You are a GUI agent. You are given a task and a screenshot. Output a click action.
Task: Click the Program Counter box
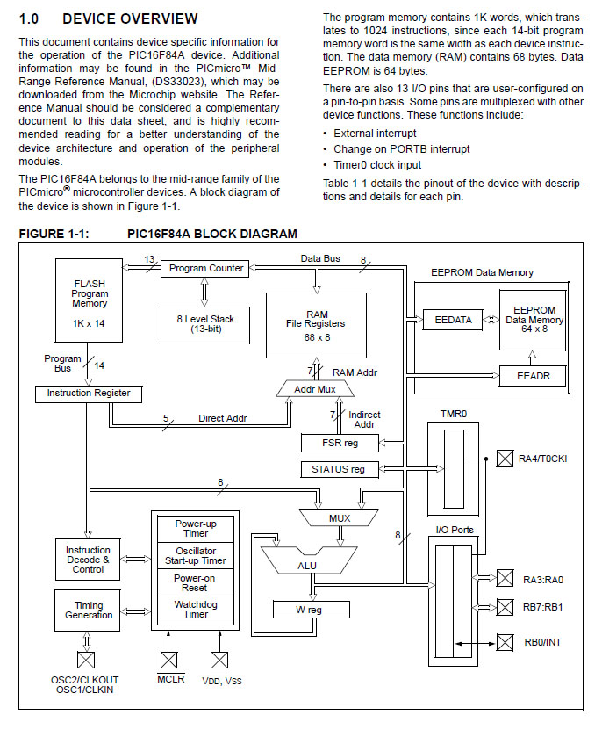coord(206,268)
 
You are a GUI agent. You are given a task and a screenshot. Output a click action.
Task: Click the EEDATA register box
coord(453,320)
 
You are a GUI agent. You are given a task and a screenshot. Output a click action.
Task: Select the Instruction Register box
coord(89,394)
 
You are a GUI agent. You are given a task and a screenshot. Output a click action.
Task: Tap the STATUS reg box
coord(338,469)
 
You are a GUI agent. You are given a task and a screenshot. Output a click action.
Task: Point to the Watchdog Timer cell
coord(196,609)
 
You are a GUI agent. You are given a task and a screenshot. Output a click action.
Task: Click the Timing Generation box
coord(89,610)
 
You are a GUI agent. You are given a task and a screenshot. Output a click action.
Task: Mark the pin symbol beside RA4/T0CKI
coord(505,457)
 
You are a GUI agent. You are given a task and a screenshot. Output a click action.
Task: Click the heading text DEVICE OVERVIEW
coord(130,18)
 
